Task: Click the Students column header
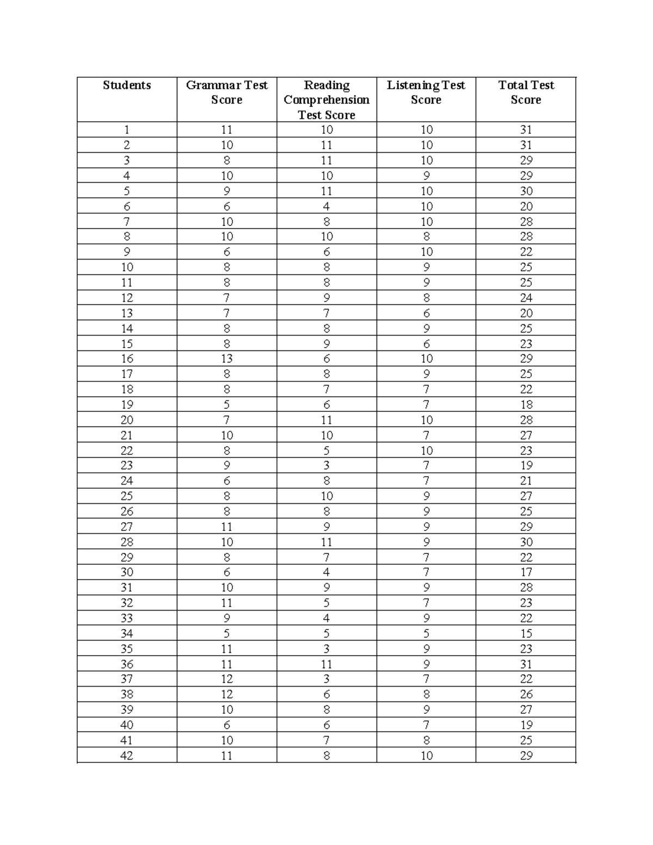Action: point(127,85)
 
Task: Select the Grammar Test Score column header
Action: point(226,92)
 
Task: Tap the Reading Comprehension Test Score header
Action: point(326,100)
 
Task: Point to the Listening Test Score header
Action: point(426,92)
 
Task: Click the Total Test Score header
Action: point(526,92)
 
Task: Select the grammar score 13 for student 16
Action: point(226,359)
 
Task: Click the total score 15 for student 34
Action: point(526,634)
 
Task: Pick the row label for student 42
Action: point(127,756)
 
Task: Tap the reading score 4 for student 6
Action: point(326,207)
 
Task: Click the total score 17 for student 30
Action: point(526,572)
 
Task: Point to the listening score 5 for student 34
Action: point(426,634)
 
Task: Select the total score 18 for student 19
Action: point(526,405)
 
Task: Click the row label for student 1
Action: point(127,130)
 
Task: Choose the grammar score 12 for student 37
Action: point(226,679)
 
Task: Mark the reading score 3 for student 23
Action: point(326,466)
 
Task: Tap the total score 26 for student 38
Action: point(526,694)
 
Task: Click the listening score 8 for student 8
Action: point(426,237)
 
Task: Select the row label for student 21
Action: point(127,435)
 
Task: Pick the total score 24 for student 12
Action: point(526,298)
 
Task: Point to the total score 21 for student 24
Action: point(526,481)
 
